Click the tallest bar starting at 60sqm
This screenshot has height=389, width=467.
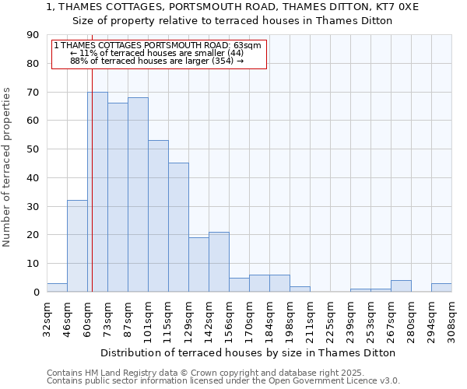click(x=97, y=191)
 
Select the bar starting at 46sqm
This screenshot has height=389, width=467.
click(x=77, y=246)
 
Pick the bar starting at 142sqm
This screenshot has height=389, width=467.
click(x=219, y=261)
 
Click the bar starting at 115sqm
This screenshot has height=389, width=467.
click(x=178, y=227)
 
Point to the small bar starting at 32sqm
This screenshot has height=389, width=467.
click(x=57, y=287)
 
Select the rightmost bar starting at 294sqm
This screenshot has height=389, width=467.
click(x=441, y=287)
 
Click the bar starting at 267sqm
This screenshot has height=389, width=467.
click(x=401, y=286)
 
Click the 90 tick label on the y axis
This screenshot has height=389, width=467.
click(x=33, y=35)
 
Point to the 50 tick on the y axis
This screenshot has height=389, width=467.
click(x=33, y=149)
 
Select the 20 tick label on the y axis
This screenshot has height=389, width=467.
click(x=33, y=235)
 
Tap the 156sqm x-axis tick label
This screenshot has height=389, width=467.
click(x=229, y=317)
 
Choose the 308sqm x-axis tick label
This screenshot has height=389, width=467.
click(x=451, y=317)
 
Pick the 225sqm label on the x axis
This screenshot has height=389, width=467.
click(x=330, y=317)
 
